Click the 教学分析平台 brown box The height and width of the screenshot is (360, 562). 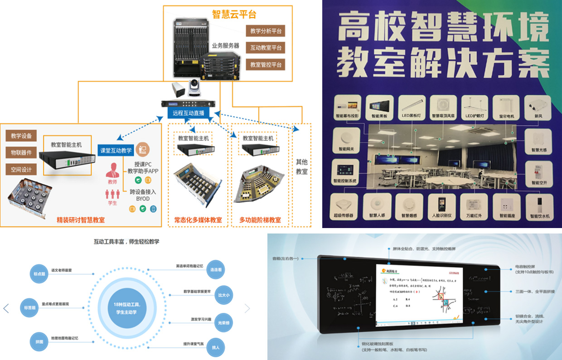point(265,31)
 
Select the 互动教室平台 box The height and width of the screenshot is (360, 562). point(265,48)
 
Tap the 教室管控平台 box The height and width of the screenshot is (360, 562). point(265,64)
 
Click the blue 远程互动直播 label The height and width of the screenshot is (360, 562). point(189,113)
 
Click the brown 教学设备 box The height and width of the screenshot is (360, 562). point(21,136)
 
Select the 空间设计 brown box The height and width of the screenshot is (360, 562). point(21,169)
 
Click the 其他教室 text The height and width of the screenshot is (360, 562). point(301,167)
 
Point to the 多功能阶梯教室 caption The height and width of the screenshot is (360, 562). point(260,220)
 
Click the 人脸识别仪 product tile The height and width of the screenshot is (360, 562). point(441,207)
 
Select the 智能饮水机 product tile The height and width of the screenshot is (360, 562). point(539,207)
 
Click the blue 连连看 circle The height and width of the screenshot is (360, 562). point(215,269)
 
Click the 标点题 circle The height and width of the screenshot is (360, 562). point(38,274)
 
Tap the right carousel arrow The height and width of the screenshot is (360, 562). point(247,308)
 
